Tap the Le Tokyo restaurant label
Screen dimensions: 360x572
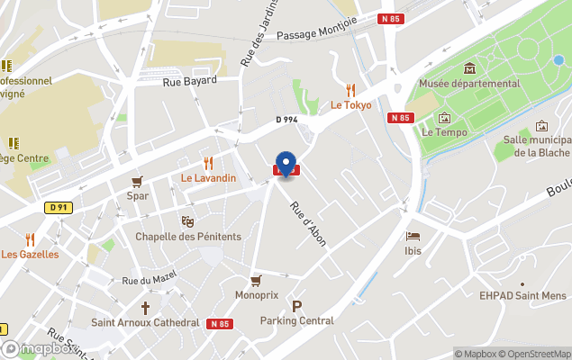pyautogui.click(x=350, y=104)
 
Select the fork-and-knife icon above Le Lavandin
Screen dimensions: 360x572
pyautogui.click(x=208, y=163)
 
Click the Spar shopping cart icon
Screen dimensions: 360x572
pyautogui.click(x=138, y=181)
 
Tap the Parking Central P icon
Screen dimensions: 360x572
pyautogui.click(x=297, y=306)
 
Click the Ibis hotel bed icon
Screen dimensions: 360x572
pyautogui.click(x=413, y=236)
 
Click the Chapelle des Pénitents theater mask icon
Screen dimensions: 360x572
pyautogui.click(x=188, y=221)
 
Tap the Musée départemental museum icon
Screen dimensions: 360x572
pyautogui.click(x=469, y=68)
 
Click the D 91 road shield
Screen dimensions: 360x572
pyautogui.click(x=58, y=208)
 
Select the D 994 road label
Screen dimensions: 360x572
pyautogui.click(x=286, y=120)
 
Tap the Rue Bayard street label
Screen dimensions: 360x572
pyautogui.click(x=190, y=81)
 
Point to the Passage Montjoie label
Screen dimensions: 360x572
pyautogui.click(x=317, y=35)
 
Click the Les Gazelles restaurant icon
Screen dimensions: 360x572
pyautogui.click(x=30, y=239)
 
